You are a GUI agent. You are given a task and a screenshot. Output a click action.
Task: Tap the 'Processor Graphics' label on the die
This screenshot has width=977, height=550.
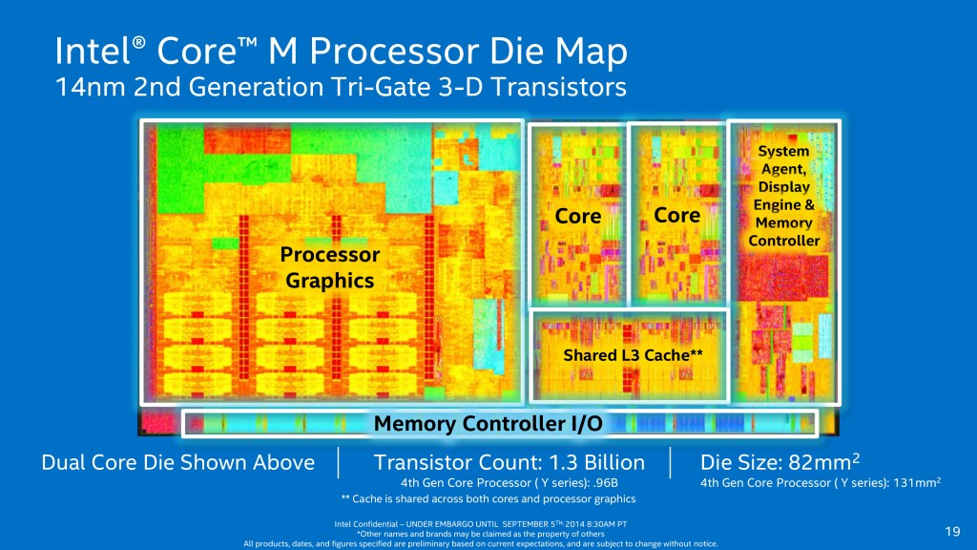[330, 267]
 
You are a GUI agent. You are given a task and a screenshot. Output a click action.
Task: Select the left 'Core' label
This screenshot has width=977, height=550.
[578, 217]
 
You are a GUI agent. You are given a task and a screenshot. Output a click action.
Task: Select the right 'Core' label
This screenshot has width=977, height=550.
[677, 215]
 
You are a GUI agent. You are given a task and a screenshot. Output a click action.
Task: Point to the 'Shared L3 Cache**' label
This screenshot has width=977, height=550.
[627, 355]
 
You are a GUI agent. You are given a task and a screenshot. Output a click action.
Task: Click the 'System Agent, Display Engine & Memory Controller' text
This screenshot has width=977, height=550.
[783, 196]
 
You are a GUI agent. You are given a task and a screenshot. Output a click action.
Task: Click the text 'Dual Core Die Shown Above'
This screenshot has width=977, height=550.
[177, 463]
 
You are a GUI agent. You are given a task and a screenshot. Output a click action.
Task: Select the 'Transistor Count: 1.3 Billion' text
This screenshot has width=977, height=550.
[509, 463]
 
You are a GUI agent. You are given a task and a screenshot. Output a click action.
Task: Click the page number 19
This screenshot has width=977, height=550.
[950, 531]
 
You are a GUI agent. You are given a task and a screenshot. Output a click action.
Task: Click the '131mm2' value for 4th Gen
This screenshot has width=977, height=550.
[917, 482]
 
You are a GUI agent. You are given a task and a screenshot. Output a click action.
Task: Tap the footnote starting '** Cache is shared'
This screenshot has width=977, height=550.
[488, 498]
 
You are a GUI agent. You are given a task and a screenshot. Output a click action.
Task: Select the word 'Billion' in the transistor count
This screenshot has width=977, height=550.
[612, 463]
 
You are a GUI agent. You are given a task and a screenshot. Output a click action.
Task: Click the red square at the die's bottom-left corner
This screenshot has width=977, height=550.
[159, 423]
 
